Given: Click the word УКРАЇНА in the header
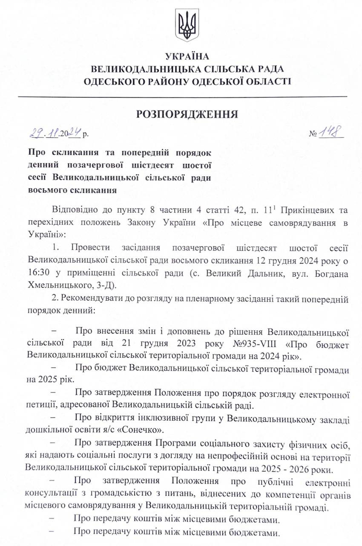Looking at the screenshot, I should point(187,56).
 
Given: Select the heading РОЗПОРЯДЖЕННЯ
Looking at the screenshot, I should point(187,114).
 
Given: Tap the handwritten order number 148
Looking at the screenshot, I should point(331,133).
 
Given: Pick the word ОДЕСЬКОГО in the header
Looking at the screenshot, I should point(112,81).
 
